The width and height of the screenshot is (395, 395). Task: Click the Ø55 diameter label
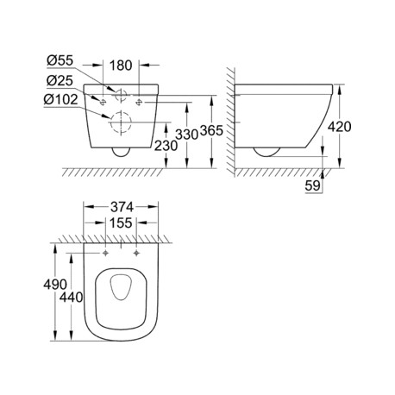(60, 60)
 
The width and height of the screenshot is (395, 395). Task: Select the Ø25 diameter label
(60, 81)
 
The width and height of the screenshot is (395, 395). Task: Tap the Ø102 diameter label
(60, 99)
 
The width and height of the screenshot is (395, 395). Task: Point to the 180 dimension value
(121, 66)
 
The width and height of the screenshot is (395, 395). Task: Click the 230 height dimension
(166, 146)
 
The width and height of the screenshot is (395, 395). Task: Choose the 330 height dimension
(187, 135)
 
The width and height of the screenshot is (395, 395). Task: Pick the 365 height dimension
(211, 131)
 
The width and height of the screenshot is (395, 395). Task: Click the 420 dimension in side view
(340, 127)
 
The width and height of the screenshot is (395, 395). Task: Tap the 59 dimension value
(312, 185)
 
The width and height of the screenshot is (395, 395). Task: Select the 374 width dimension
(121, 207)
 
